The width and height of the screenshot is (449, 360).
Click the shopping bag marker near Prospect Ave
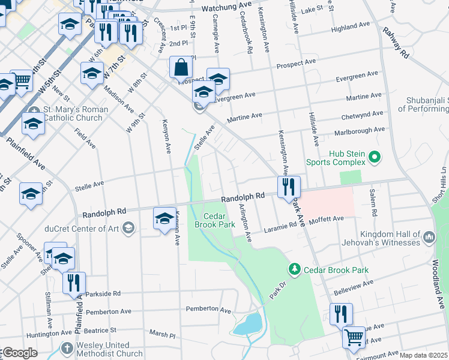point(181,68)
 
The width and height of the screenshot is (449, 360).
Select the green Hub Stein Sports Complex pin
point(375,158)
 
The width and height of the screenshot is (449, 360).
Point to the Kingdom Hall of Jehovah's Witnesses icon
point(429,238)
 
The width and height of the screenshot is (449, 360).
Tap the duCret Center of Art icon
point(128,227)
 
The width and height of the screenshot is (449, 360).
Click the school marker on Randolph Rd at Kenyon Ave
point(164,219)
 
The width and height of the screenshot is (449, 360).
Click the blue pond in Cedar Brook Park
point(247,325)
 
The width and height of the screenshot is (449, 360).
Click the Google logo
point(20,353)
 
